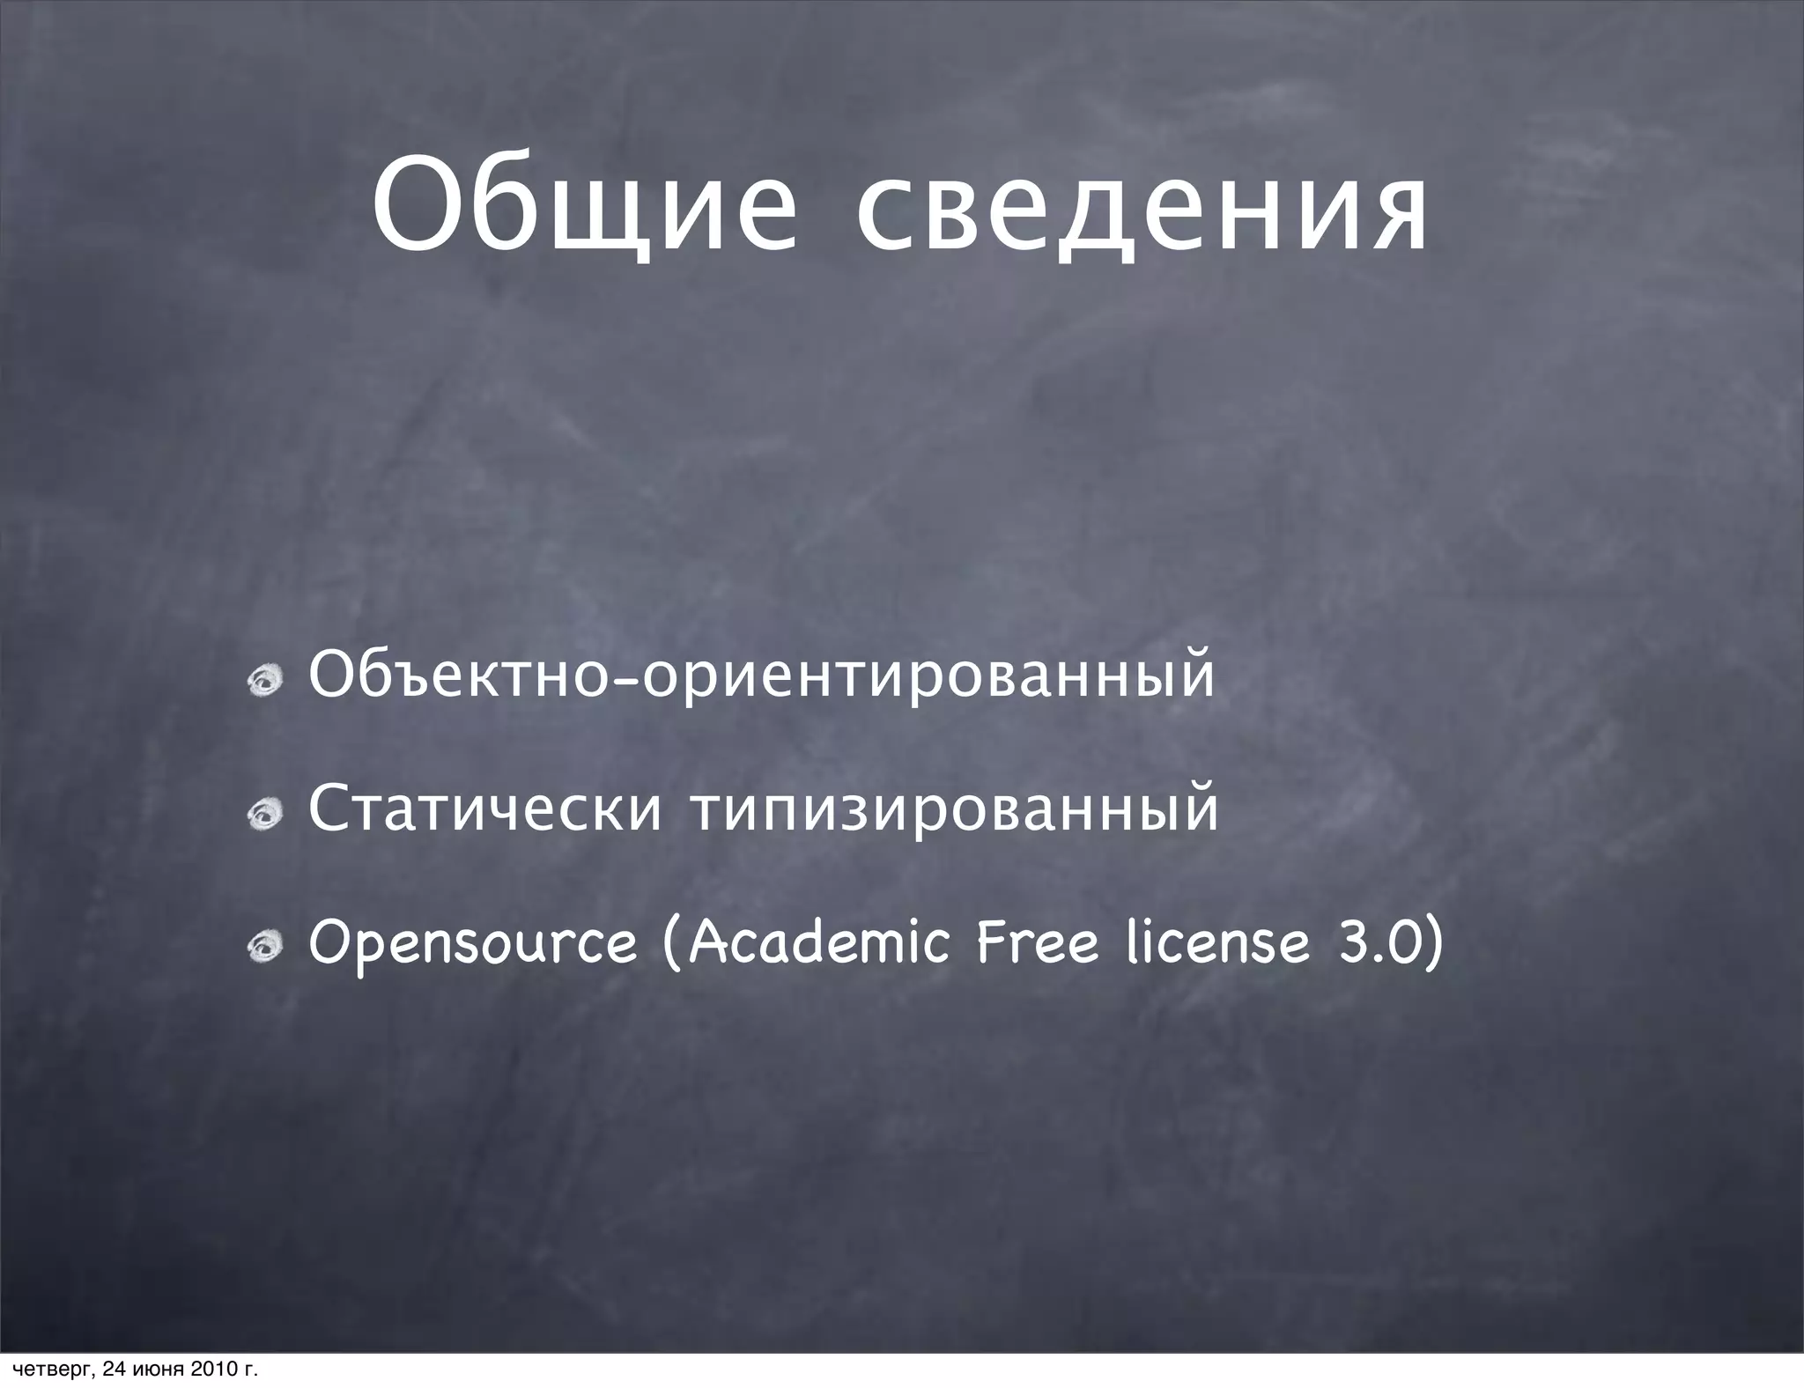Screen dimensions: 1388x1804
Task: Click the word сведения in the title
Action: pyautogui.click(x=1142, y=208)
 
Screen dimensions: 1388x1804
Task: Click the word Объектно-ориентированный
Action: pyautogui.click(x=761, y=676)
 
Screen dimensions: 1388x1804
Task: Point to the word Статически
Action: pyautogui.click(x=484, y=810)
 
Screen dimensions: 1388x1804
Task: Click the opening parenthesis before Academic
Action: pyautogui.click(x=671, y=944)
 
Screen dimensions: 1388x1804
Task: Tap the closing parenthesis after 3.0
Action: pyautogui.click(x=1433, y=944)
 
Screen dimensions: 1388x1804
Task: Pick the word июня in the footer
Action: pyautogui.click(x=156, y=1370)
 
